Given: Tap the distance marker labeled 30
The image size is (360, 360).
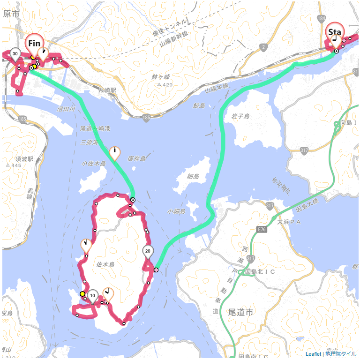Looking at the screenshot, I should pos(15,54).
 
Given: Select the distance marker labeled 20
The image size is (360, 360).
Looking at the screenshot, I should pos(148,251).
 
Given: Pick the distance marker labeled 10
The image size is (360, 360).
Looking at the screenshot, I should pos(93,295).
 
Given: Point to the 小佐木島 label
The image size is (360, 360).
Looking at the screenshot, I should pos(94,164).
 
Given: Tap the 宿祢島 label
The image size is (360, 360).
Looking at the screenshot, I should pos(136,159).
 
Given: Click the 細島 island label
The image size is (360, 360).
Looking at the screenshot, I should pos(193,176).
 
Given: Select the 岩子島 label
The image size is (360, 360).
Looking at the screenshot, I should pos(240,116).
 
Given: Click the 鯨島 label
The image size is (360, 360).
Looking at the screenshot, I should pos(199,106).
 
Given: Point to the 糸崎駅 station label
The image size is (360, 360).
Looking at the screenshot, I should pos(107,89).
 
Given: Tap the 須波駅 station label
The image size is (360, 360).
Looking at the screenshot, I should pos(24,159).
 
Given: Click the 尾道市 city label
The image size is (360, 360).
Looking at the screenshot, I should pos(244,312).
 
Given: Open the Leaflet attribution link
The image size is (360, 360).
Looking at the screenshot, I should pos(313,354).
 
